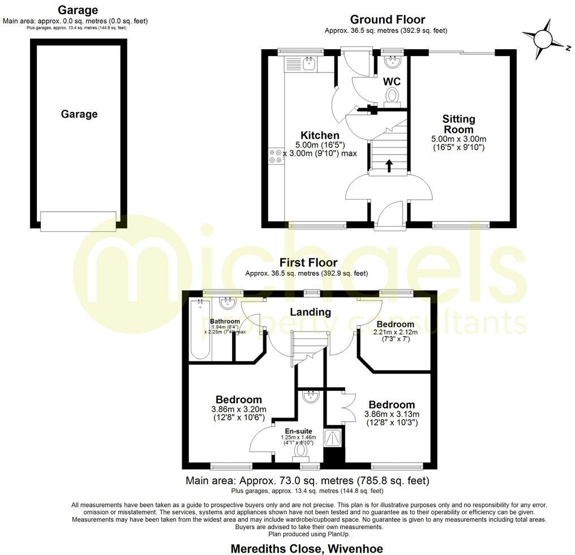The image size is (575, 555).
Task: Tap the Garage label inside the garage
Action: coord(79,114)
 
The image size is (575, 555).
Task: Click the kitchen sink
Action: coord(309,64)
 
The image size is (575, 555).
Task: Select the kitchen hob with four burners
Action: coord(276,156)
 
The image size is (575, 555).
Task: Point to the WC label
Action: coord(392,82)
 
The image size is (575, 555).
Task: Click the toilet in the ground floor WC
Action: coord(392,98)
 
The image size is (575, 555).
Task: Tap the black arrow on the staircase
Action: coord(389,165)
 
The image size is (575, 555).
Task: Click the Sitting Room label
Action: coord(458,124)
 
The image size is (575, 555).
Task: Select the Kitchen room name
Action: coord(320,136)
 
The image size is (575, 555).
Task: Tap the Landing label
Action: coord(310,312)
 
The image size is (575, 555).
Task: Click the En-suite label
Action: coord(298,431)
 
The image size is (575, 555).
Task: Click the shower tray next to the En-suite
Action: coord(331,437)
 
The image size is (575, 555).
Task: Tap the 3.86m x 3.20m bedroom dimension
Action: coord(238,410)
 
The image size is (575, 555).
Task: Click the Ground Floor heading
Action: coord(387,20)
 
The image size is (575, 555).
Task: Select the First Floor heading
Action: coord(308,263)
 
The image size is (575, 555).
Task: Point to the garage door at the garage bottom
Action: coord(78,220)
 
